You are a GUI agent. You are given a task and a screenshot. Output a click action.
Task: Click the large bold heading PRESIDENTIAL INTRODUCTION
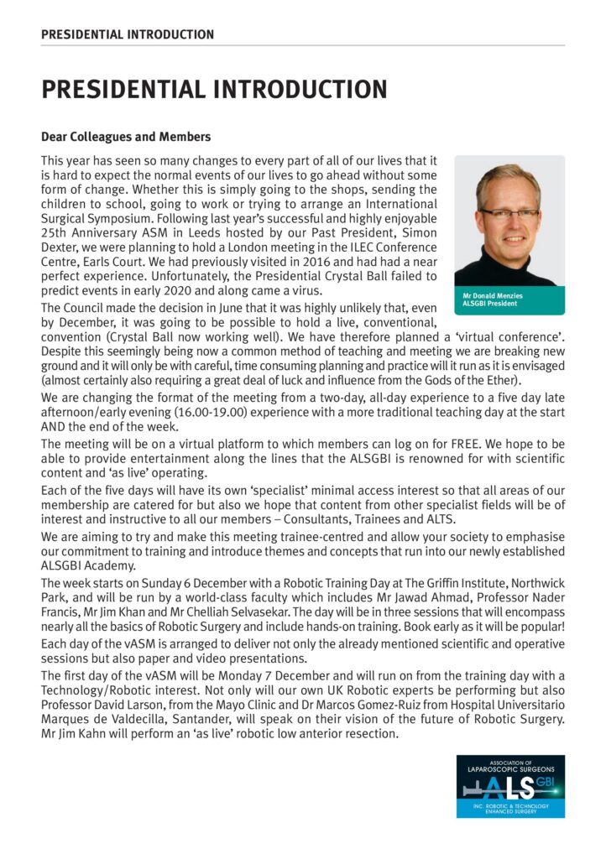point(214,90)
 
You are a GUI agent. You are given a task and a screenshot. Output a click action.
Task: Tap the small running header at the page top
point(127,34)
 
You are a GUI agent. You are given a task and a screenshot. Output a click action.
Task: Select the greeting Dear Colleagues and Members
point(126,136)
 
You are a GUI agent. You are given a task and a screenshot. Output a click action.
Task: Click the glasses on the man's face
point(508,213)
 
